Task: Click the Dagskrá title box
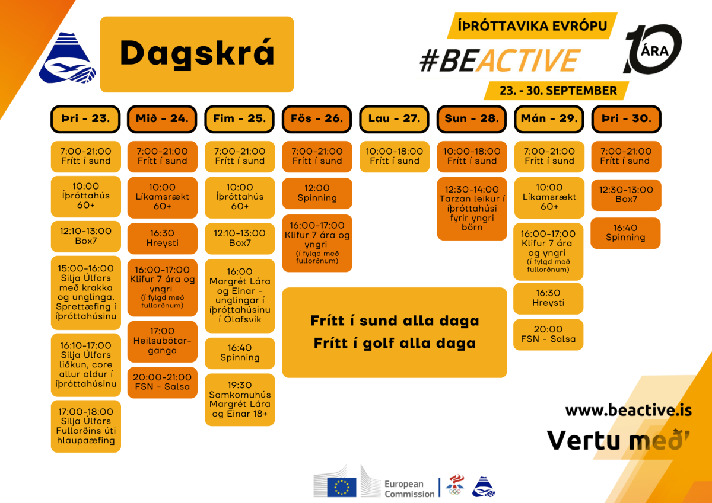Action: coord(197,55)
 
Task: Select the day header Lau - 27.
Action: coord(394,119)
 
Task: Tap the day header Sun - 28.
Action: coord(472,119)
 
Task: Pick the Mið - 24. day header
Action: coord(162,119)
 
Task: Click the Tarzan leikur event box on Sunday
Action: coord(472,209)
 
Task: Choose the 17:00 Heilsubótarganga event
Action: coord(163,341)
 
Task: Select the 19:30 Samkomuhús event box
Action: coord(240,399)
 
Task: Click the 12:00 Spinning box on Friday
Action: coord(317,193)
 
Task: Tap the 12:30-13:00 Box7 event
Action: coord(626,195)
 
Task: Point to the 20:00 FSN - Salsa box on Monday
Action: coord(548,335)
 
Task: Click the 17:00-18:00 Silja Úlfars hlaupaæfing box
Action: coord(86,426)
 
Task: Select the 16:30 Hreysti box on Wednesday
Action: coord(163,238)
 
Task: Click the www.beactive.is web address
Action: coord(628,410)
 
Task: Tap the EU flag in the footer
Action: coord(342,487)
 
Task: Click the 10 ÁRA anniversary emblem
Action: coord(652,49)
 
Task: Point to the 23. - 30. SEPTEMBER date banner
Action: coord(557,91)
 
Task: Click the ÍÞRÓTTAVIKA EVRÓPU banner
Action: coord(532,26)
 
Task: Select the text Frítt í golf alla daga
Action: coord(395,344)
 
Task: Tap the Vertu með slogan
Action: coord(618,440)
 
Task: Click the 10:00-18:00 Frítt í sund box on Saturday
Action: coord(395,157)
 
